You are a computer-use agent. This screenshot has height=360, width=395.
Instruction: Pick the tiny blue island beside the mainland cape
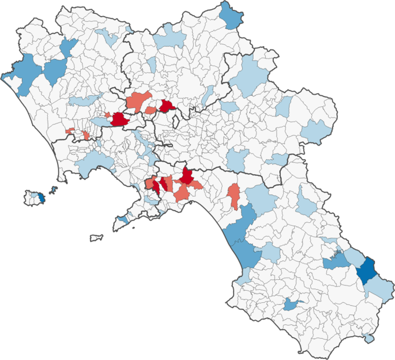(x=54, y=189)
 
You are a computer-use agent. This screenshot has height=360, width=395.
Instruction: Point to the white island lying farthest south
(x=96, y=237)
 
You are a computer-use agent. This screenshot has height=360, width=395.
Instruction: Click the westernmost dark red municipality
(x=121, y=119)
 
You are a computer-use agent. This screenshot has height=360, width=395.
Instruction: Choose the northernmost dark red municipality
(x=167, y=106)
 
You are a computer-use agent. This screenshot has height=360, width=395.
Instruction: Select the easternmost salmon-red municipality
(x=234, y=195)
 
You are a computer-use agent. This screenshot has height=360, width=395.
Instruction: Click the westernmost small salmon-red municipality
(x=70, y=132)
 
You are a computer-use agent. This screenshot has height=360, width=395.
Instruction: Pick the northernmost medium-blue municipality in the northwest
(x=69, y=48)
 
